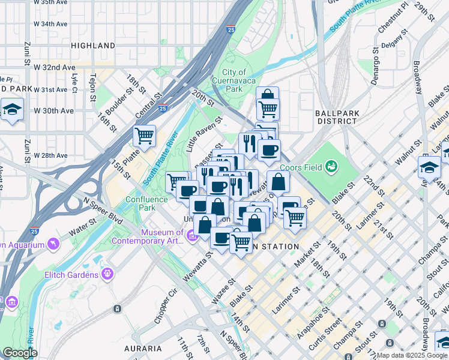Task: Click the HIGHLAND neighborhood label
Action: (x=92, y=46)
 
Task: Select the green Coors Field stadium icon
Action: (x=331, y=166)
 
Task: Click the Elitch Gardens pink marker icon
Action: (x=107, y=275)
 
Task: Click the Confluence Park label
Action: (x=140, y=203)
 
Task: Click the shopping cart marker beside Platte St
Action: (x=144, y=137)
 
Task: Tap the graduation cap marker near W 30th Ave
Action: (x=11, y=110)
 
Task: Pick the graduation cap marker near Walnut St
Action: (x=430, y=166)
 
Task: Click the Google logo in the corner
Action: (x=20, y=353)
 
